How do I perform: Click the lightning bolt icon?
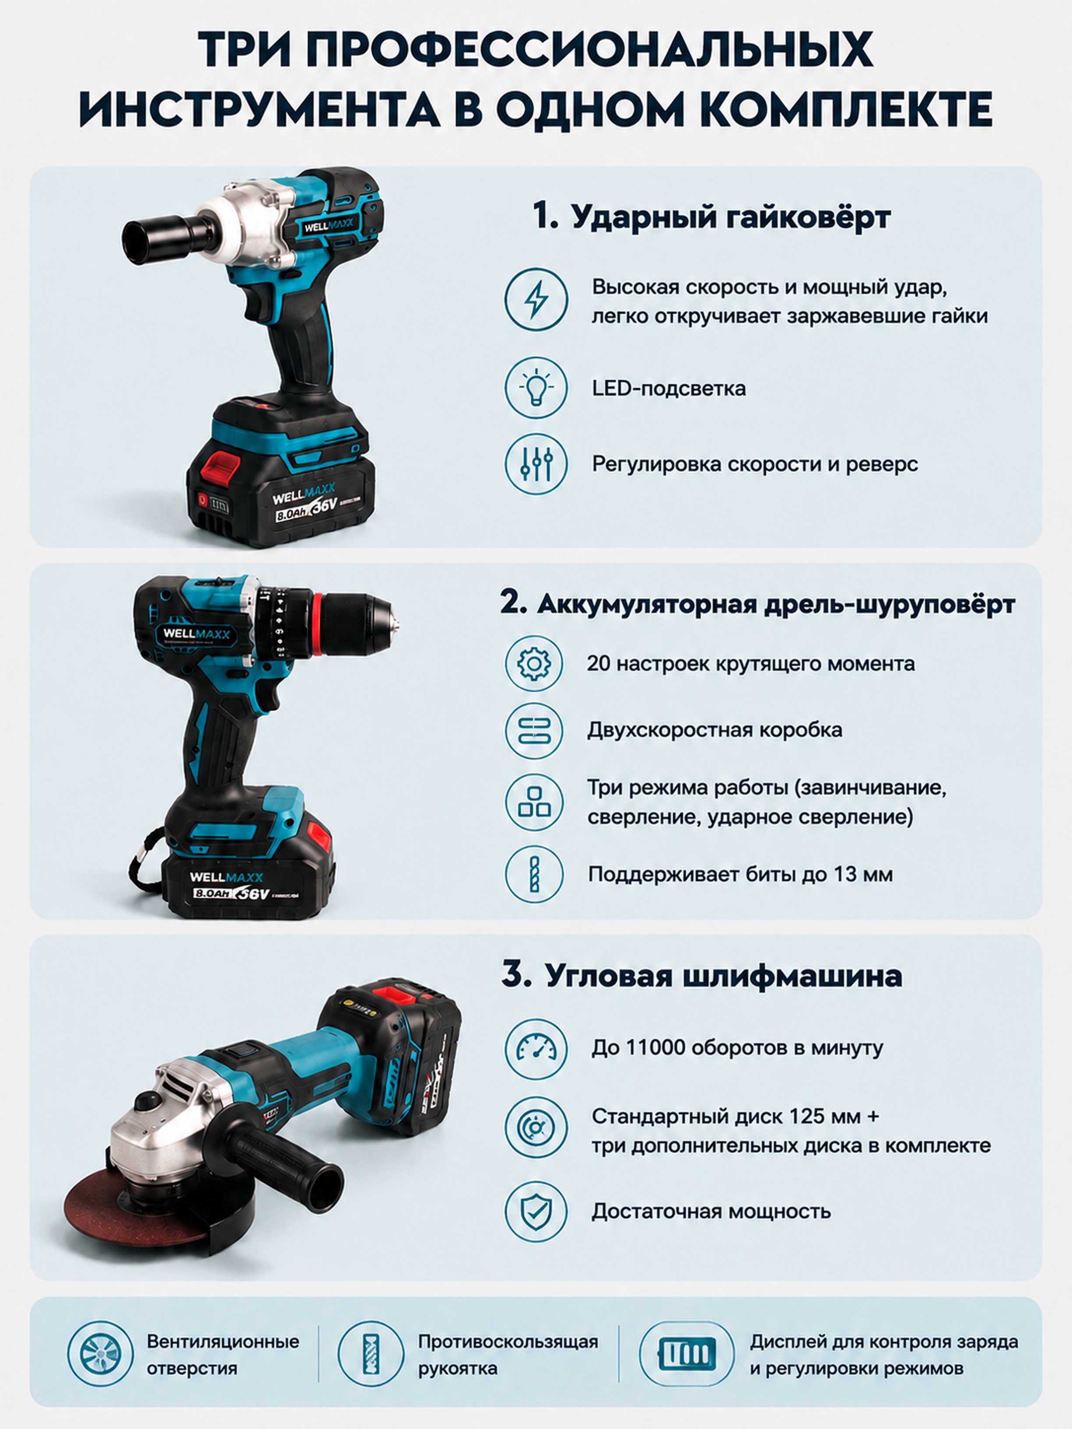[536, 300]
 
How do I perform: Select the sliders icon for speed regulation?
[536, 464]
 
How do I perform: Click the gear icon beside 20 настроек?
[534, 663]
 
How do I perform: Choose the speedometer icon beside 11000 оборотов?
[536, 1048]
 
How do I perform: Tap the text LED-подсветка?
[669, 388]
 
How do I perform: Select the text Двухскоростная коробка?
[715, 730]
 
